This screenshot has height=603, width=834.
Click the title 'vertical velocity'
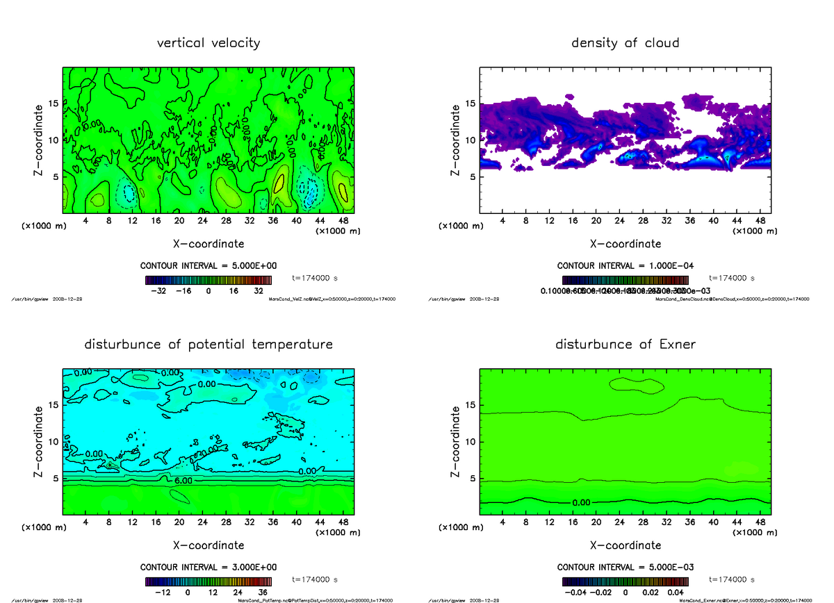(208, 43)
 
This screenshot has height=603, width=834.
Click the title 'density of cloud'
(625, 43)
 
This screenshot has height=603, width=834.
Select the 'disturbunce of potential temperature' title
(208, 345)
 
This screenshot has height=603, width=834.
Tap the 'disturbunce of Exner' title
(625, 345)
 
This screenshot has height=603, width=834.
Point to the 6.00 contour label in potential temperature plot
(183, 481)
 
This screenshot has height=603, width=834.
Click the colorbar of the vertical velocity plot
(208, 280)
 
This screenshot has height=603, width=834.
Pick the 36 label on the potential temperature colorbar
(263, 593)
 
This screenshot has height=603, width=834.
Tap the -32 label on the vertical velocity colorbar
(157, 291)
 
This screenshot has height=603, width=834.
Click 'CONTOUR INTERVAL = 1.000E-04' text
(625, 266)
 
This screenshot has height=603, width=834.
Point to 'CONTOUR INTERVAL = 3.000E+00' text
(208, 568)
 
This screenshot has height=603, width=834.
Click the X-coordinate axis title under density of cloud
(625, 244)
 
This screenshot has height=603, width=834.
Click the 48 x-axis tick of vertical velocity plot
(343, 221)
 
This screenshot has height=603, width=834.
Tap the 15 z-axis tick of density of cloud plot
(470, 104)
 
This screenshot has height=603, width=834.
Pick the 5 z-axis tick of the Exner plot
(473, 479)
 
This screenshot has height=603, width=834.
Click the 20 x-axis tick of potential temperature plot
(179, 522)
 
